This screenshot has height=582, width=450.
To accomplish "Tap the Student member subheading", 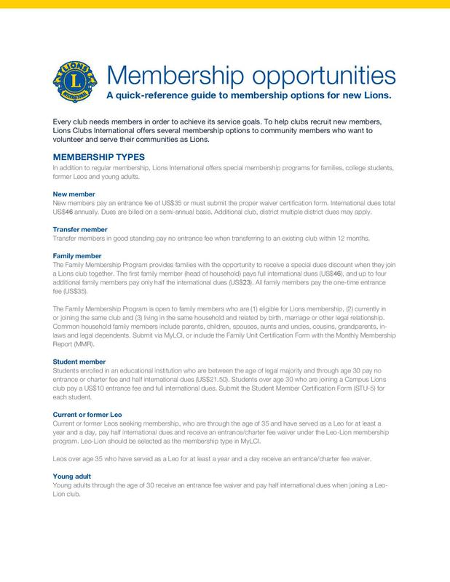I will [82, 361].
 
